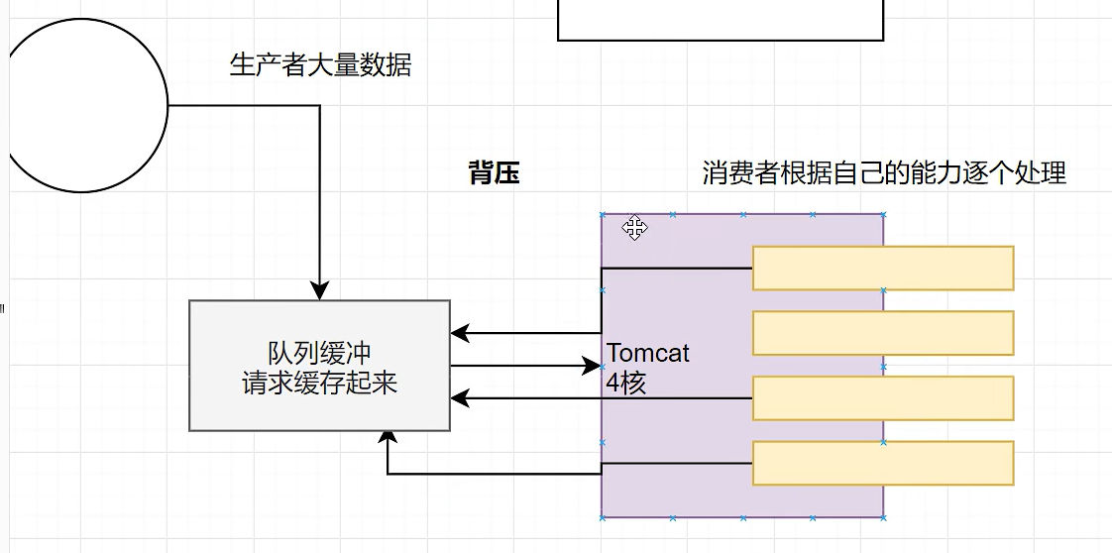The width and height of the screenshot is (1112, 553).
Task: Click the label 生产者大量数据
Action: coord(320,66)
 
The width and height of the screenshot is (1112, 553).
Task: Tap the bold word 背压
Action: coord(494,174)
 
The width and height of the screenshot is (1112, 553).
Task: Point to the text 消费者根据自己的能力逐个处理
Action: coord(884,173)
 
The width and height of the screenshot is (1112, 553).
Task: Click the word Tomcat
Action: coord(648,353)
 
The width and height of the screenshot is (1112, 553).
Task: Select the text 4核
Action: coord(626,384)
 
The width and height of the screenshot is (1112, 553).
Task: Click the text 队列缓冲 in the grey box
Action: coord(319,354)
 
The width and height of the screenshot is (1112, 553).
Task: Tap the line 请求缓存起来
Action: coord(319,384)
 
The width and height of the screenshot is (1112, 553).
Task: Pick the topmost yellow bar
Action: coord(883,268)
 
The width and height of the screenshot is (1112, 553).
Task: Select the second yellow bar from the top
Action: coord(883,333)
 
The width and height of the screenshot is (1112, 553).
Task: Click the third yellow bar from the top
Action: coord(883,398)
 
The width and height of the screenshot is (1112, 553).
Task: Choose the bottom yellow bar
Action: coord(883,463)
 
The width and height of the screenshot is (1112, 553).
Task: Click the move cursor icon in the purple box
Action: coord(635,229)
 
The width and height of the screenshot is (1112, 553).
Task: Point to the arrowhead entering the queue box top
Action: coord(319,291)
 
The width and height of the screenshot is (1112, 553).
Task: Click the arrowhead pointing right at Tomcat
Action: coord(593,367)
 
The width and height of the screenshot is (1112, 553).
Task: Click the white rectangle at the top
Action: coord(721,19)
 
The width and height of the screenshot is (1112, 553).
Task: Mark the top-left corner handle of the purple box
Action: coord(602,214)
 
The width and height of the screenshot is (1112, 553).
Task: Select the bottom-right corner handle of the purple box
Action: coord(883,516)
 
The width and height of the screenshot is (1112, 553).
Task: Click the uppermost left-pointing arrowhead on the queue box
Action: coord(459,333)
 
